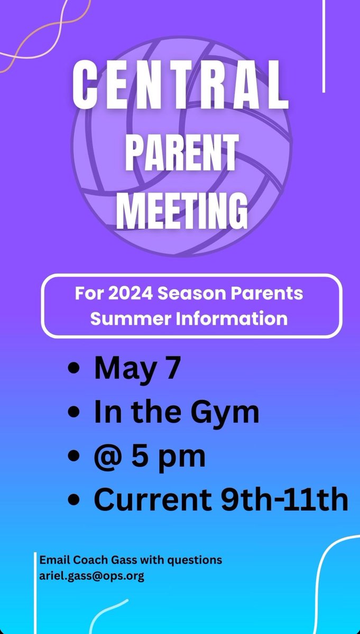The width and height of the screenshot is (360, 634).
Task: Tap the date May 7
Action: coord(137,368)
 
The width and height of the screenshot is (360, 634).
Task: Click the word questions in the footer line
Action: coord(197,560)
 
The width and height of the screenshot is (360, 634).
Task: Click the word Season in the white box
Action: coord(192,293)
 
